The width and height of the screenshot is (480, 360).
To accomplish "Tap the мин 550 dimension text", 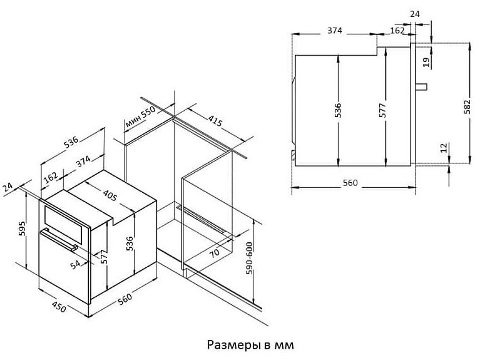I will click(140, 117).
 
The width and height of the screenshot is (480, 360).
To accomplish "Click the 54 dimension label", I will click(76, 265).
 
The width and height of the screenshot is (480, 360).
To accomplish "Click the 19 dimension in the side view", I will click(426, 61).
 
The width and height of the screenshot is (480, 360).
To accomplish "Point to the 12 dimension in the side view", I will click(443, 148).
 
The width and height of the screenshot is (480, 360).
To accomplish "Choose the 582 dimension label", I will click(466, 106).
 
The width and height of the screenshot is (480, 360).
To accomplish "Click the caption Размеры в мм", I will click(249, 344).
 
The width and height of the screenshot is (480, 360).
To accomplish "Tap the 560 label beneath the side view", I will click(350, 183).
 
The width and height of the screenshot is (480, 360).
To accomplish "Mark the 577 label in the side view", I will click(383, 110).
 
